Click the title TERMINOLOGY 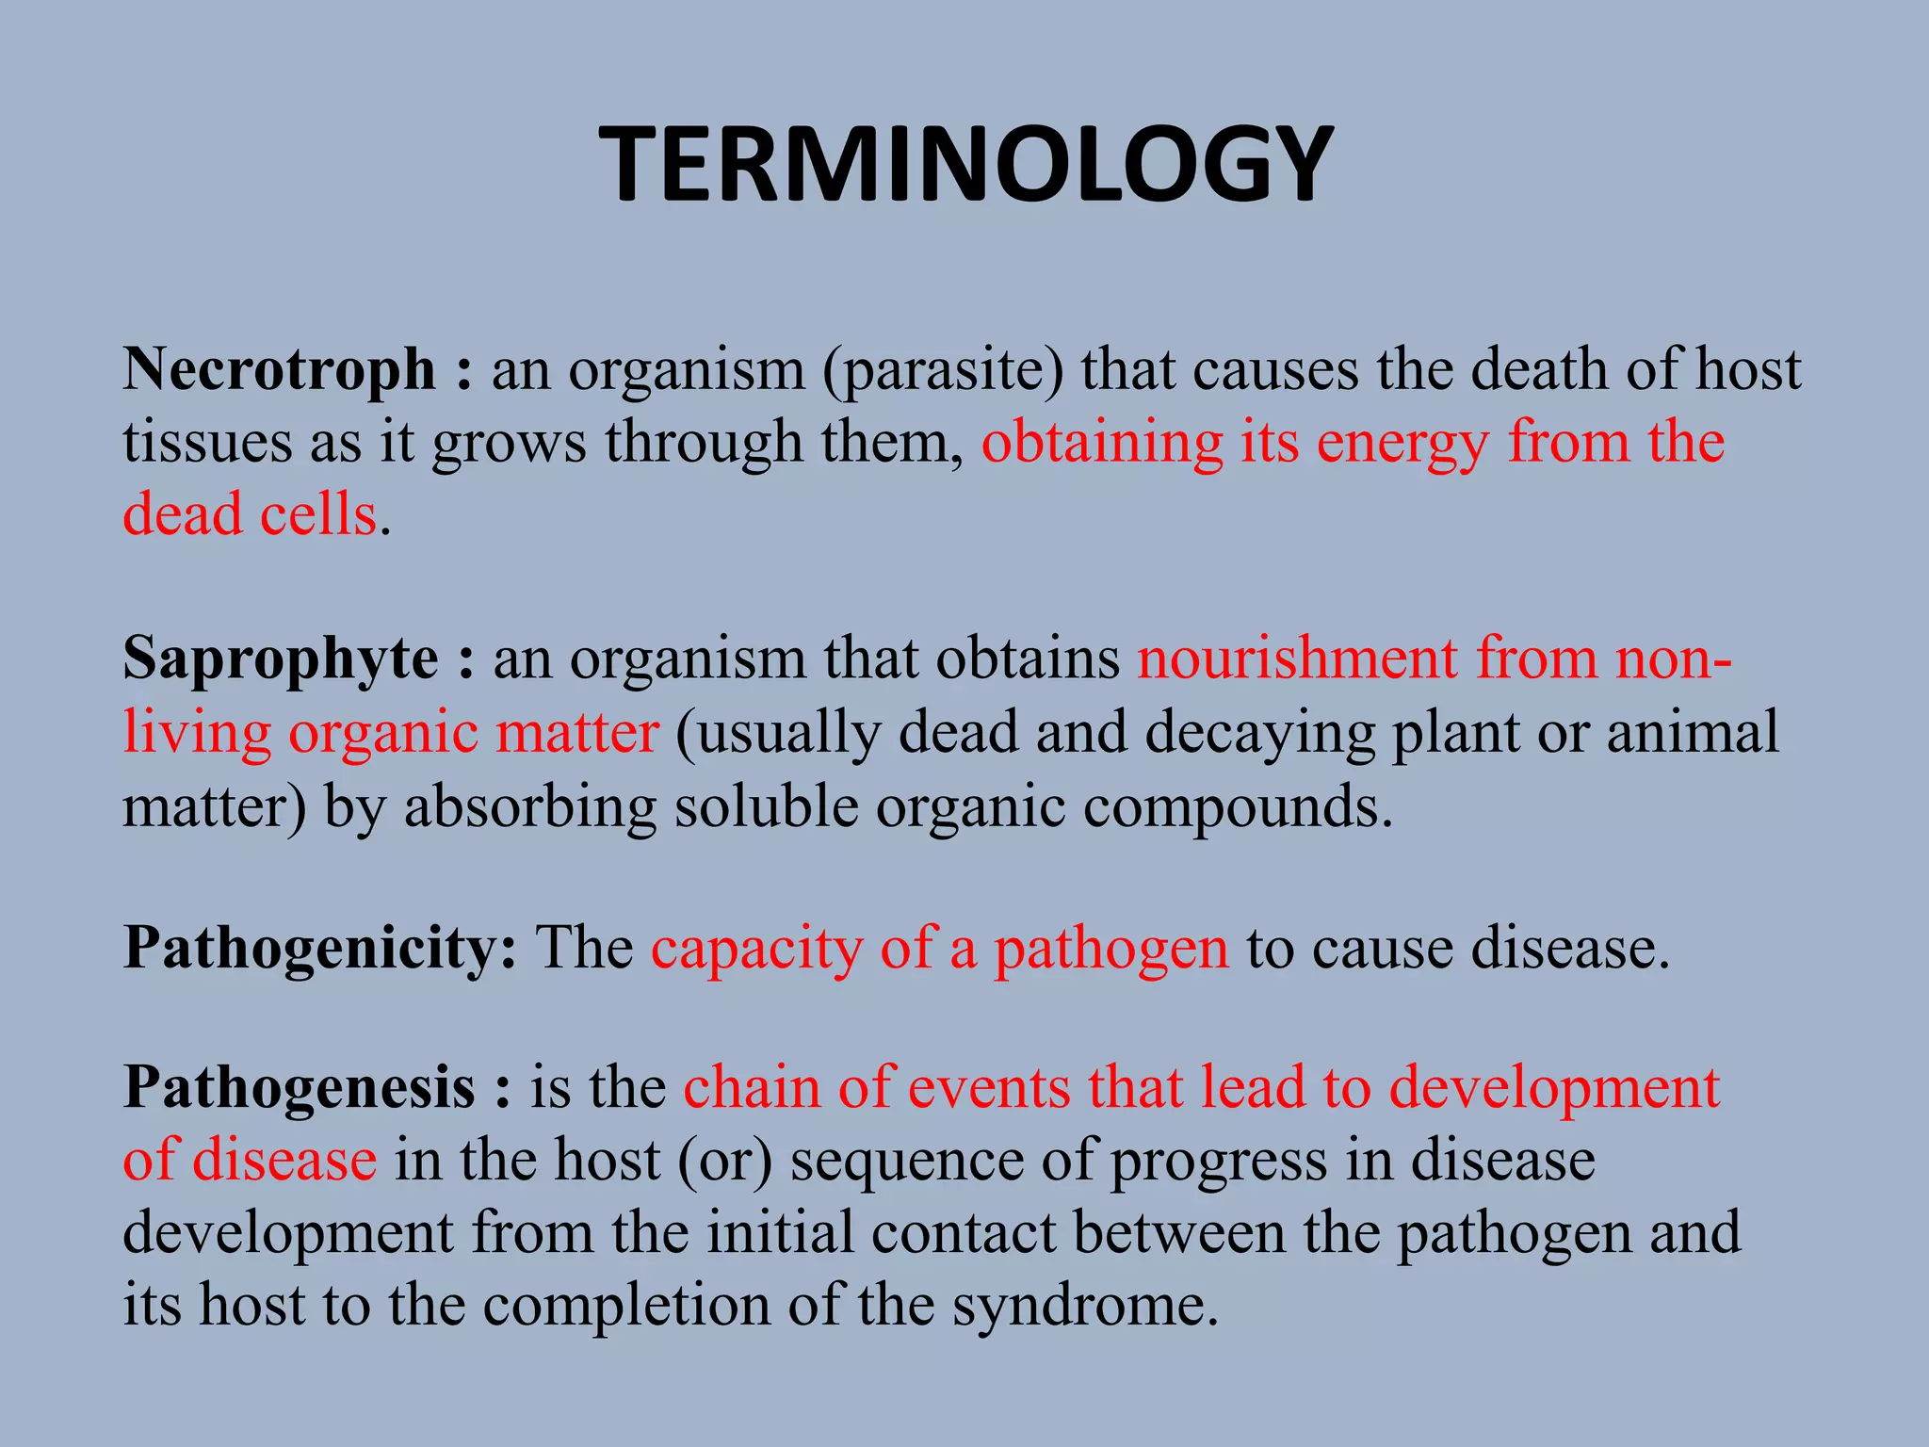click(x=965, y=166)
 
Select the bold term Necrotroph click(x=279, y=368)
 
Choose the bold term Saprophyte click(x=280, y=658)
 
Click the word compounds click(x=1237, y=807)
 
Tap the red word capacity click(x=756, y=950)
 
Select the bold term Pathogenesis click(x=300, y=1088)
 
